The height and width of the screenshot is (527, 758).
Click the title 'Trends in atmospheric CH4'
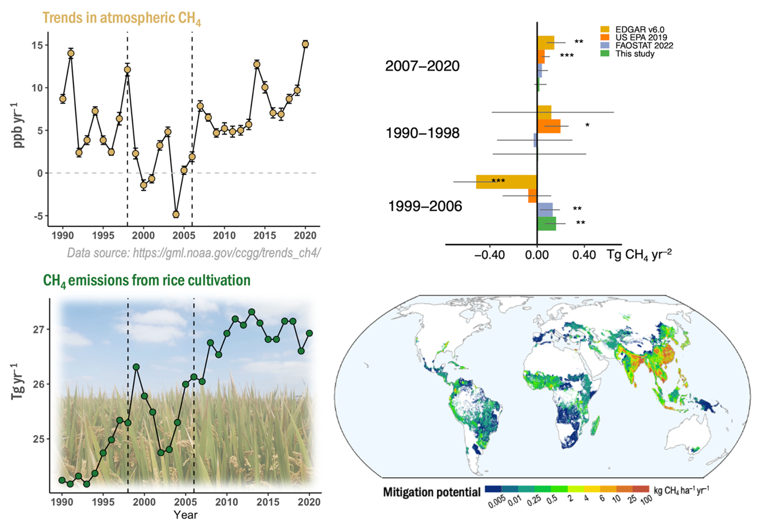point(121,19)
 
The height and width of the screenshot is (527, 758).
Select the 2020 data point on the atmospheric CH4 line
point(305,44)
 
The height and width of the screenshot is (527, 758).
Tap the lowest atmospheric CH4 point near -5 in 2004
point(176,214)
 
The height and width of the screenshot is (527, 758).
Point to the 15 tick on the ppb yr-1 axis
point(37,45)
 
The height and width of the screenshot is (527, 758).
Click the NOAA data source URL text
point(193,253)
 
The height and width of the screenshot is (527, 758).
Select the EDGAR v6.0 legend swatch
point(605,30)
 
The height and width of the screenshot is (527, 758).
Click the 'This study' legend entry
point(634,54)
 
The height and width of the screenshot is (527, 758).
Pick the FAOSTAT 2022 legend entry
point(644,46)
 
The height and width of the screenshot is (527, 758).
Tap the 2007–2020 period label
point(422,66)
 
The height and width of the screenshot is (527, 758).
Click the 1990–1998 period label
point(422,133)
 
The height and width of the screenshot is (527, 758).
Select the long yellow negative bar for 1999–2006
point(506,182)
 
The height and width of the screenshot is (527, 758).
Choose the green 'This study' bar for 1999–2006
point(547,223)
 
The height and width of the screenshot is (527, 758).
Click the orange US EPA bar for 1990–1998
point(549,126)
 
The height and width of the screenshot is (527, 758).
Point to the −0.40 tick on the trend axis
point(489,255)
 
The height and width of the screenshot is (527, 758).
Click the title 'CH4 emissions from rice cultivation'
point(146,280)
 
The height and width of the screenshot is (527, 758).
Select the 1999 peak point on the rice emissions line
point(136,367)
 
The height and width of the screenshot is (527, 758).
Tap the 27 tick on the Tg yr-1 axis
point(39,330)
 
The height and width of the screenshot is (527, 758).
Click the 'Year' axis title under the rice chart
point(186,515)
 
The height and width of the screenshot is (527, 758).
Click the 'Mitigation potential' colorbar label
point(431,492)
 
